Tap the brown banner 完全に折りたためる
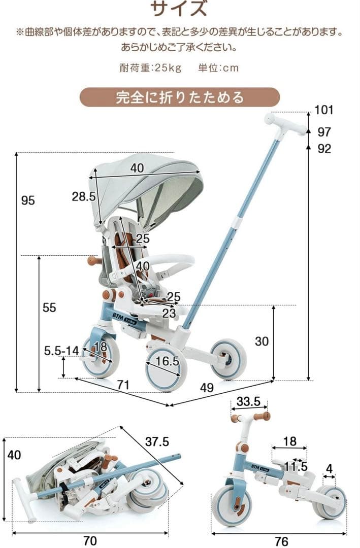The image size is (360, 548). coord(180,97)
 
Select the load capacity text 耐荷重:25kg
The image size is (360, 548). coord(150,68)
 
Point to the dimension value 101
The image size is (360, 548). coord(323,110)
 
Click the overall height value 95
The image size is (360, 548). coord(28,200)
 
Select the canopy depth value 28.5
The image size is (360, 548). coord(83,196)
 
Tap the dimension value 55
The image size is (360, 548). coord(49,307)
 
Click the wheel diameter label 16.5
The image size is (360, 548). coord(168,361)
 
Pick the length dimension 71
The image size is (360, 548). coord(123,385)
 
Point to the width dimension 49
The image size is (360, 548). coord(207,388)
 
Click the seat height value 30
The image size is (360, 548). coord(261,341)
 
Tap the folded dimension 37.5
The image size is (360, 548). coord(157,441)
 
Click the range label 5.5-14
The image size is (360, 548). coord(61,350)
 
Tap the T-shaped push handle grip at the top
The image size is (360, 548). coord(284,124)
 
